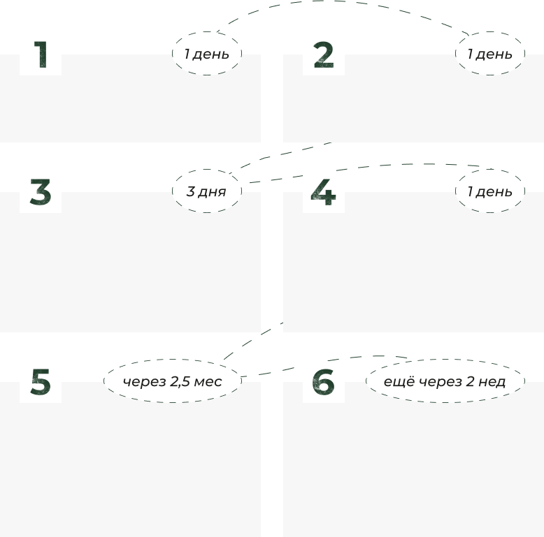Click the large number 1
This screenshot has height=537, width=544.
[41, 54]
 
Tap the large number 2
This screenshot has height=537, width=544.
[323, 54]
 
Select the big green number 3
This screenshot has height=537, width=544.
[41, 192]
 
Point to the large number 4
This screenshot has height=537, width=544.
[323, 192]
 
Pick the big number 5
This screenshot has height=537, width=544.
[41, 382]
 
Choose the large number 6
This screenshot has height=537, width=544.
[323, 382]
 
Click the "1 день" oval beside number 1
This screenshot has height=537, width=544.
[206, 54]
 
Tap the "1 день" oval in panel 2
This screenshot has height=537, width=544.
[489, 54]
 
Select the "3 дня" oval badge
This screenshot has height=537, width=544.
[206, 191]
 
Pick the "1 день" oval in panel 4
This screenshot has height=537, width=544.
[489, 191]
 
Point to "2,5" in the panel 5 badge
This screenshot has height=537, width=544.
[182, 382]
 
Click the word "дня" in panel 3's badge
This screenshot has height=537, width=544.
[213, 191]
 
